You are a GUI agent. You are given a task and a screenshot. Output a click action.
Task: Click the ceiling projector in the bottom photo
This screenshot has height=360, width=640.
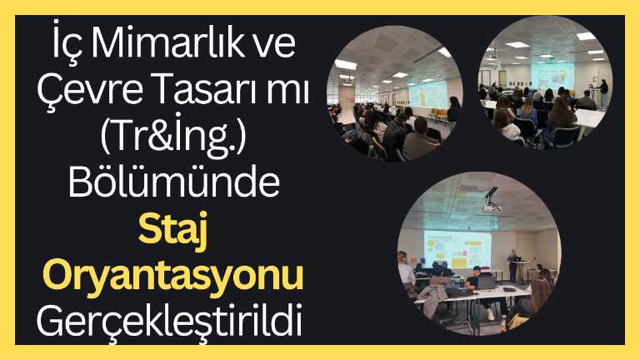492,201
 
